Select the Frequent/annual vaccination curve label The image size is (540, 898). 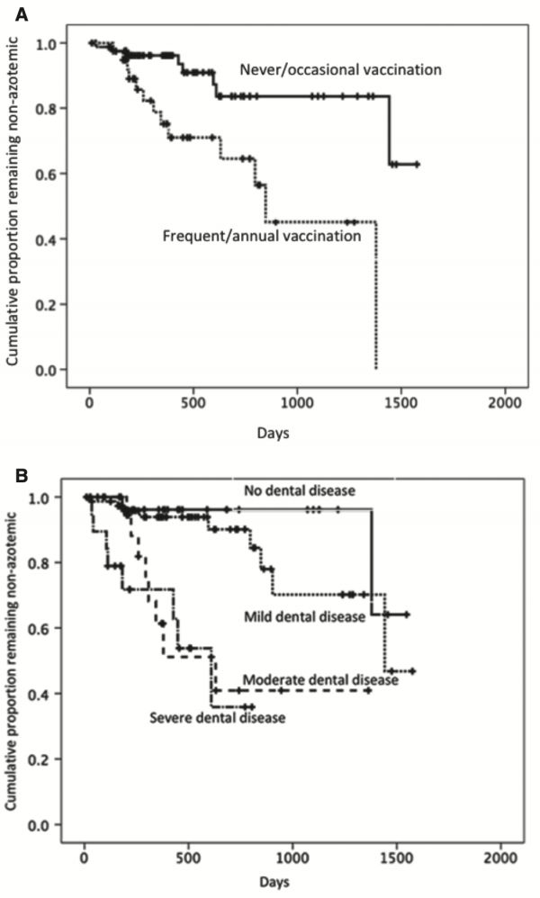click(261, 237)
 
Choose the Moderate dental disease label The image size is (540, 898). click(320, 679)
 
